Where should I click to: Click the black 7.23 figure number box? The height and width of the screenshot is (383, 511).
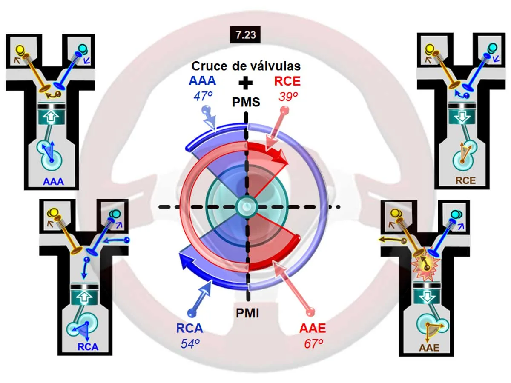(245, 35)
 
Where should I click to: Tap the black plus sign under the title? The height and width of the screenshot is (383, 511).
(246, 83)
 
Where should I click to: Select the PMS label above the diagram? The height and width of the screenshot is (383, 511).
(246, 102)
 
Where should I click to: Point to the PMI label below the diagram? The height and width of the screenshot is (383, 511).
(247, 313)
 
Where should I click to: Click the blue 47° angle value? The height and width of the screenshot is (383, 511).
(203, 96)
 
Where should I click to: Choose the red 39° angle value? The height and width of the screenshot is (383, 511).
(288, 97)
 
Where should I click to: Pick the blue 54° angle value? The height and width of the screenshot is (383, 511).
(190, 344)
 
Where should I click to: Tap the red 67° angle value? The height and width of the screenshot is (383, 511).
(313, 344)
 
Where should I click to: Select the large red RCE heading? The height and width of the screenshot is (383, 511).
(287, 81)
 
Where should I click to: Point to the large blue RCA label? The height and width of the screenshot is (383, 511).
(189, 328)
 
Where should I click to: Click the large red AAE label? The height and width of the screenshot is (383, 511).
(313, 328)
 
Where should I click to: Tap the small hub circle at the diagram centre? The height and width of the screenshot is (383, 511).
(246, 206)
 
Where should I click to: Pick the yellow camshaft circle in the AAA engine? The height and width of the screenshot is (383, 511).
(20, 49)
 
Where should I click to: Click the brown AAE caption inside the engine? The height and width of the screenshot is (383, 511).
(429, 348)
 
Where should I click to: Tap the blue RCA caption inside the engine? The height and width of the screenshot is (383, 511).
(88, 347)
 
